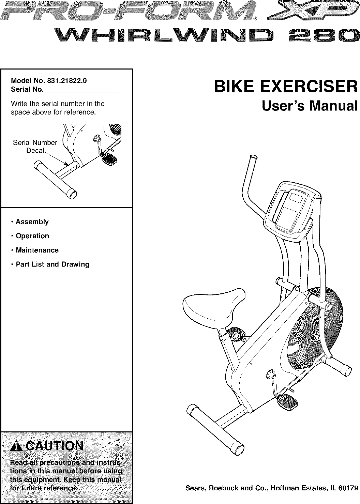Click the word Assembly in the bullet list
tap(32, 222)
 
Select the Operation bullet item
tap(32, 236)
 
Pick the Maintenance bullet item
tap(37, 250)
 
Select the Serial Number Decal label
tap(35, 146)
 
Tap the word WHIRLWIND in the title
tap(166, 36)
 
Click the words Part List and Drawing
tap(52, 264)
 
